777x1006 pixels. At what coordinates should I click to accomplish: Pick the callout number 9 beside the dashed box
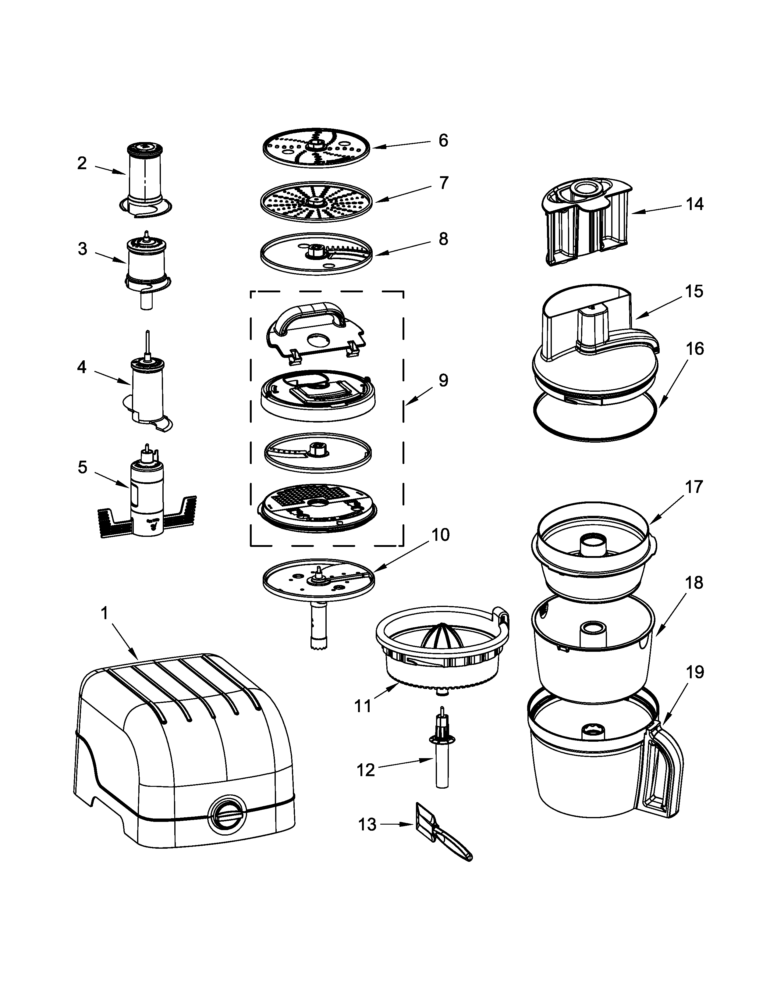(x=443, y=380)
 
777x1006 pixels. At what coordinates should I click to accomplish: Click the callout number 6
(x=443, y=141)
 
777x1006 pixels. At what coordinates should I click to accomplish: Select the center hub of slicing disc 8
(x=316, y=252)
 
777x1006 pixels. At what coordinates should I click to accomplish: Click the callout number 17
(x=694, y=487)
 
